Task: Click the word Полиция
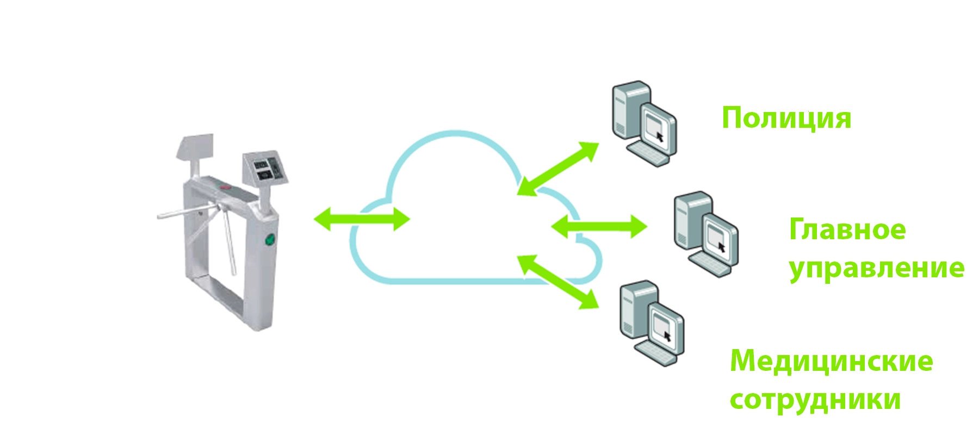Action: pyautogui.click(x=786, y=119)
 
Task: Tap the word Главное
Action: pyautogui.click(x=847, y=230)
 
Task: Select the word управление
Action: pyautogui.click(x=876, y=269)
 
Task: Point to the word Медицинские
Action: pyautogui.click(x=831, y=362)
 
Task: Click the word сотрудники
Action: pyautogui.click(x=815, y=400)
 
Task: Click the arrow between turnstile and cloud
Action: pyautogui.click(x=362, y=219)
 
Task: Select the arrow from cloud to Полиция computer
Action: pyautogui.click(x=558, y=169)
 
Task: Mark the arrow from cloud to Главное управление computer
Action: pyautogui.click(x=599, y=226)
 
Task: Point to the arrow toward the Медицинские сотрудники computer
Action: pyautogui.click(x=558, y=282)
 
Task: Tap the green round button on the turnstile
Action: pyautogui.click(x=269, y=239)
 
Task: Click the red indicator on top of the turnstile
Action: pyautogui.click(x=226, y=188)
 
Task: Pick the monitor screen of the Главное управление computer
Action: pyautogui.click(x=718, y=237)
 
